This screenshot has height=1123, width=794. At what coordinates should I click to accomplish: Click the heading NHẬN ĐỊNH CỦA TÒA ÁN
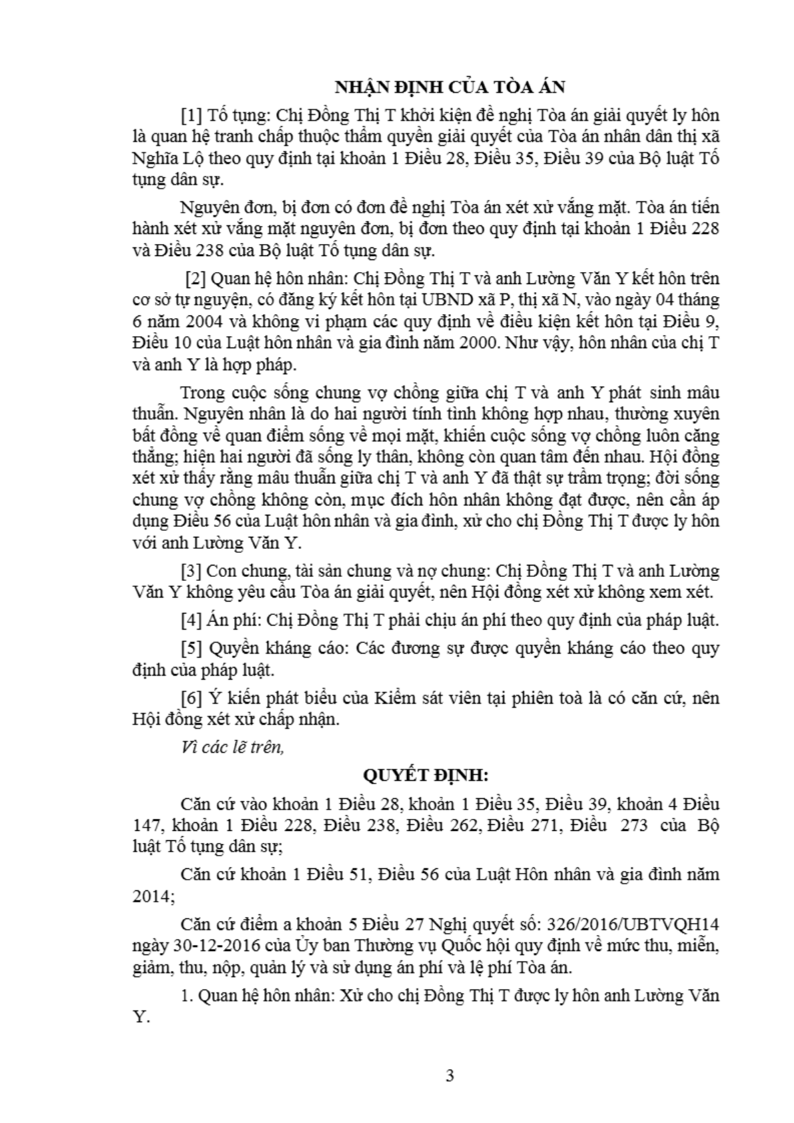click(449, 87)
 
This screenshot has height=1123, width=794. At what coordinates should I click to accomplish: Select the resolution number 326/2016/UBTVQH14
click(632, 924)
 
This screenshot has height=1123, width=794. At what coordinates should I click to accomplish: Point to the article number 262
click(460, 826)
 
